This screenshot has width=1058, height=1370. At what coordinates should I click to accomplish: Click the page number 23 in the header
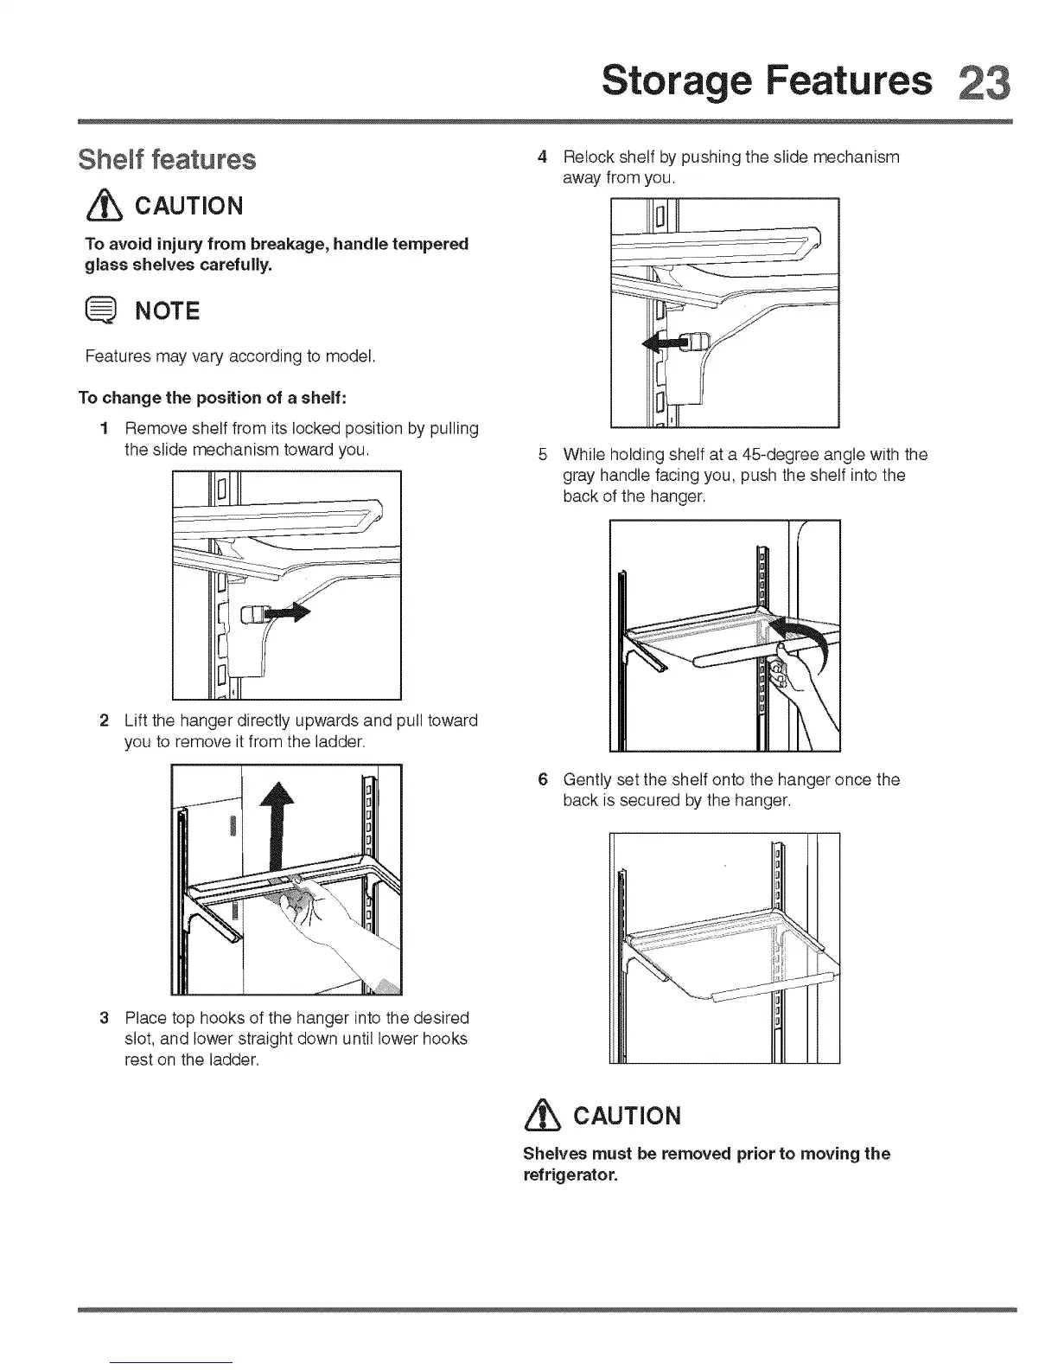tap(983, 81)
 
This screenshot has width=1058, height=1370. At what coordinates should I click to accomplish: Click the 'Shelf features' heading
tap(167, 160)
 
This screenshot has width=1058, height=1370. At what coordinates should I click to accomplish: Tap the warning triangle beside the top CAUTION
tap(102, 206)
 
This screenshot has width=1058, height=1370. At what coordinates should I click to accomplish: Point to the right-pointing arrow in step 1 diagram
tap(286, 613)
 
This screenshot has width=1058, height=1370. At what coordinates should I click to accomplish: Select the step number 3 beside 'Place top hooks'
tap(104, 1017)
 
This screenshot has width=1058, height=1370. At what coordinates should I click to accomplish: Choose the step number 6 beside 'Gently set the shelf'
tap(542, 779)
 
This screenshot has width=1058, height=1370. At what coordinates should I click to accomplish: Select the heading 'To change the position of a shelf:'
tap(213, 398)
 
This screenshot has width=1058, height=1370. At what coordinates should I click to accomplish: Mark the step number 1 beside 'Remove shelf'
tap(104, 428)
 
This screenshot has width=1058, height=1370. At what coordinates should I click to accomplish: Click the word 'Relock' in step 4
tap(587, 157)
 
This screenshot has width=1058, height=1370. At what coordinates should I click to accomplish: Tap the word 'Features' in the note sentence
tap(117, 356)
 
